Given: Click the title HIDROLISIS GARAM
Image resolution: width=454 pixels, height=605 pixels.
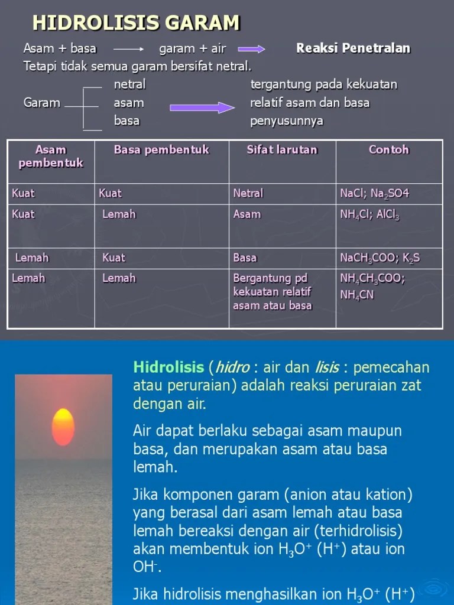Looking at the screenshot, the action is coord(136,23).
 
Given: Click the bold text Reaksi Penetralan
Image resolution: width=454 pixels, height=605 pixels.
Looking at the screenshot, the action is coord(353,48).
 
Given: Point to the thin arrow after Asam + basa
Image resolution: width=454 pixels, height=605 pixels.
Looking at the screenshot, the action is coord(128,50).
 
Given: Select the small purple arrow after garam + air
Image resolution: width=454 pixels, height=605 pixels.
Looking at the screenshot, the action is coord(252,50).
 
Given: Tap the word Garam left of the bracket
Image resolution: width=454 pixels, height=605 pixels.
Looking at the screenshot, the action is coord(42,103).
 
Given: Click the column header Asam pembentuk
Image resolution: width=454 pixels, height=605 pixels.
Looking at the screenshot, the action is coord(51,156).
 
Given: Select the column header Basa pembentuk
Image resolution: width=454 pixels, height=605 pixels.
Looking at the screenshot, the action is coord(161,150).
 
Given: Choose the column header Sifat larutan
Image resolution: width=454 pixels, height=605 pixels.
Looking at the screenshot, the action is coord(282,150).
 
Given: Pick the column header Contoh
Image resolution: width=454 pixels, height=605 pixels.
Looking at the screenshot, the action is coord(388,150).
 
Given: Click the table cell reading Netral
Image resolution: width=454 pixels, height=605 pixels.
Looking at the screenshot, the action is coord(248,193).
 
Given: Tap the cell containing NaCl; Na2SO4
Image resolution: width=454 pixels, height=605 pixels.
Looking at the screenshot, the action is coord(374,194).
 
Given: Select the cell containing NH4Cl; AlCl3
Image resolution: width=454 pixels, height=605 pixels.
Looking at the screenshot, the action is coord(370,214).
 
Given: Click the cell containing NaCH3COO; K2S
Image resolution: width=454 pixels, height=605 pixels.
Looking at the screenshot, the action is coord(380,258).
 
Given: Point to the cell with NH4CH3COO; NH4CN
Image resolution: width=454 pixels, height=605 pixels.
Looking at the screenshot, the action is coord(372,286).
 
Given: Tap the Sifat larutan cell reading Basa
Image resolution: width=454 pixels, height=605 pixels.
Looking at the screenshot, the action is coord(245,258).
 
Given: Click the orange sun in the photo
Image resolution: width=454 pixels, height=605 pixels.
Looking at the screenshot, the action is coord(63,427).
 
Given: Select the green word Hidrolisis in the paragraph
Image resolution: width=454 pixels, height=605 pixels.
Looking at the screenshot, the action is coord(168,367).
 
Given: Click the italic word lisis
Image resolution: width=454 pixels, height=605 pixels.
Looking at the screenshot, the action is coord(327,367).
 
